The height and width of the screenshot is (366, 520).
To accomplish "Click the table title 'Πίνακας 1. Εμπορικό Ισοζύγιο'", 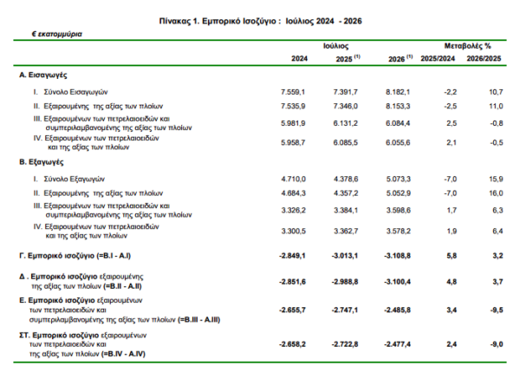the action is [x=218, y=21].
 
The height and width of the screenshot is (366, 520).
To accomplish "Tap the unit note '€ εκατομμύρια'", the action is [x=57, y=34].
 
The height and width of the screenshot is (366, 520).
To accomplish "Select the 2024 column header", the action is [x=300, y=59].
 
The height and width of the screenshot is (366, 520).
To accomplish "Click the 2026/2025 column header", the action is [x=484, y=59].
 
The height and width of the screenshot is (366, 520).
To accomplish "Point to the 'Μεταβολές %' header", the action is [x=468, y=46].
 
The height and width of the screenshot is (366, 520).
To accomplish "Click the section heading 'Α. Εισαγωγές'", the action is [x=43, y=75].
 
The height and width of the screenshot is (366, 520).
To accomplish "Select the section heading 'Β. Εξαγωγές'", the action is [x=42, y=162].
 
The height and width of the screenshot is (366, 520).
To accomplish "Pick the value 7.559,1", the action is [x=293, y=92].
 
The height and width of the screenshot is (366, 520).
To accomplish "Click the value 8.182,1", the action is [x=398, y=92].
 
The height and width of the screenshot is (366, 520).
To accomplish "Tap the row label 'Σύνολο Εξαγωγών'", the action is [x=74, y=180].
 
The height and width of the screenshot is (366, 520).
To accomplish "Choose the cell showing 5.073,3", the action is [x=399, y=180].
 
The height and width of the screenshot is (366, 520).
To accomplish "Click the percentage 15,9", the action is [x=496, y=180].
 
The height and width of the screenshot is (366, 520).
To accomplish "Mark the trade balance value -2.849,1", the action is [x=292, y=256].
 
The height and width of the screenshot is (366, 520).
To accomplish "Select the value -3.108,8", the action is [x=397, y=256].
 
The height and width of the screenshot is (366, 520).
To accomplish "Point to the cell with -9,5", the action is [x=497, y=310].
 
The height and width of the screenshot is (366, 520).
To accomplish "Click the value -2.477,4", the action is [x=397, y=344].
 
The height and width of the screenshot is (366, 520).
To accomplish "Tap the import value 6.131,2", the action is [x=346, y=123].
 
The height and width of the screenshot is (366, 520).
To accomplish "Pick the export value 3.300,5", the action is [x=294, y=232].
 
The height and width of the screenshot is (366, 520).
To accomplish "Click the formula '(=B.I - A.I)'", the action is [x=114, y=256].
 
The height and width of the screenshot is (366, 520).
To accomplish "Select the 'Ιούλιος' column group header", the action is [x=336, y=46].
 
